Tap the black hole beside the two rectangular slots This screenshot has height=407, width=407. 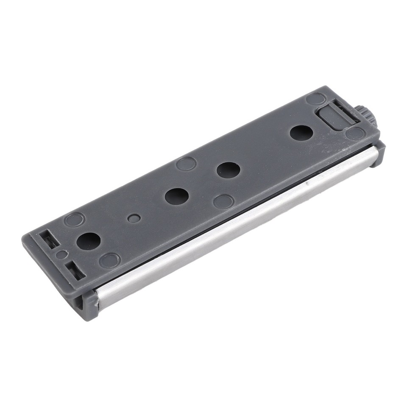coord(89,240)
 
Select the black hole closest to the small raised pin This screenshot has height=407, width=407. coord(177,196)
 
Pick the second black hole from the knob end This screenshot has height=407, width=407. coord(229,170)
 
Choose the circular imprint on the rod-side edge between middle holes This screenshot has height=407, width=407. coord(223,201)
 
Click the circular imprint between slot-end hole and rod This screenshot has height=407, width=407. coord(110,259)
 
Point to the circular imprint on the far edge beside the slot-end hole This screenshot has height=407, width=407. coord(75,220)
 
